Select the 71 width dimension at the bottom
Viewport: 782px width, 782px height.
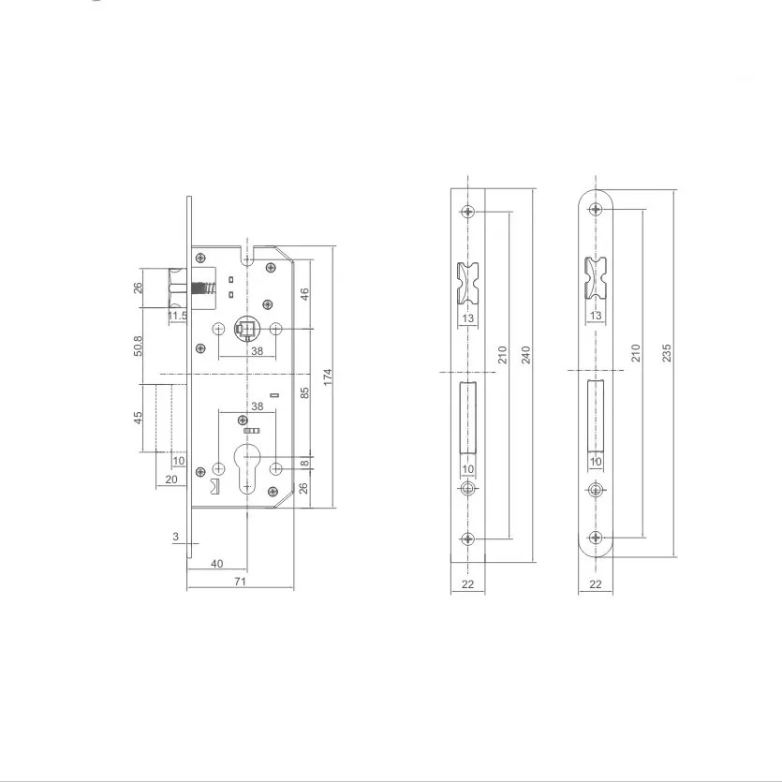click(x=240, y=583)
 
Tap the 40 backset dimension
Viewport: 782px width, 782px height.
click(x=216, y=563)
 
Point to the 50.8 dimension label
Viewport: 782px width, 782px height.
click(x=137, y=345)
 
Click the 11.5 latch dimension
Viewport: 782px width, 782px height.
click(x=177, y=317)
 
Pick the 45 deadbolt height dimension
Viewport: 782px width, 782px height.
click(x=137, y=418)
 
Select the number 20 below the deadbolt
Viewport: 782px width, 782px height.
click(x=170, y=480)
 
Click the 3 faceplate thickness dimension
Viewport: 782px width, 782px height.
click(x=175, y=537)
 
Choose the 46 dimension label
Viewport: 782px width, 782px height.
click(x=303, y=294)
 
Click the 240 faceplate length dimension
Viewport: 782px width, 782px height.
click(x=526, y=355)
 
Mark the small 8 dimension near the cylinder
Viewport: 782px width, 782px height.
click(x=303, y=464)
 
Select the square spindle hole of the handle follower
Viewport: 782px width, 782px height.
click(x=247, y=330)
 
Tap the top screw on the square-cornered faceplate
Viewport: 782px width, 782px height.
click(x=468, y=212)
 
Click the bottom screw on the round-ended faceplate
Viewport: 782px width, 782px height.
click(x=595, y=537)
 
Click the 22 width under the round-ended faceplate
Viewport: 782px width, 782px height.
click(x=595, y=583)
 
